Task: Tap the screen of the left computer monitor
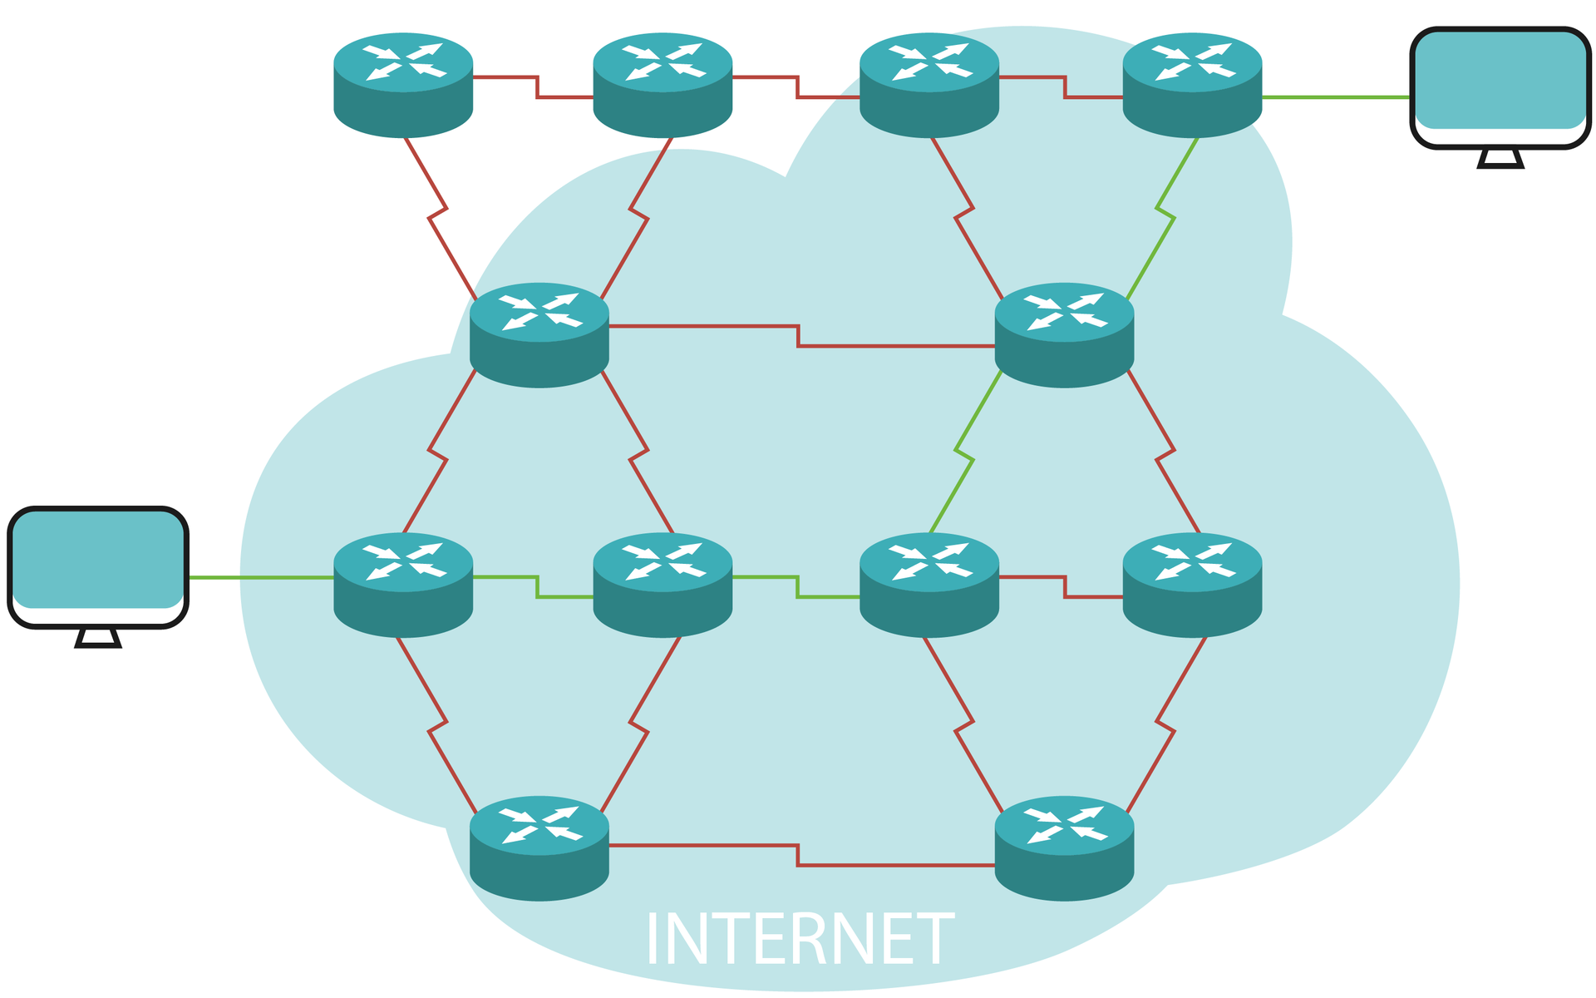pos(98,559)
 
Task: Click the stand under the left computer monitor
pos(98,638)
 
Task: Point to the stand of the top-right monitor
pos(1500,158)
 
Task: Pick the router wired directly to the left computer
pos(403,585)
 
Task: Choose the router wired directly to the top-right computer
pos(1192,85)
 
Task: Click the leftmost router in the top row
pos(403,85)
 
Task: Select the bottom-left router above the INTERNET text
pos(539,847)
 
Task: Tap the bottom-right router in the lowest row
pos(1064,847)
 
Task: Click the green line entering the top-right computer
pos(1337,97)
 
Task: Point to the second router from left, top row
pos(663,85)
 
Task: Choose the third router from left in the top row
pos(929,85)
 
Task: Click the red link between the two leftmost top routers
pos(537,87)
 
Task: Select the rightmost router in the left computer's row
pos(1192,585)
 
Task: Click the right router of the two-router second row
pos(1064,334)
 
